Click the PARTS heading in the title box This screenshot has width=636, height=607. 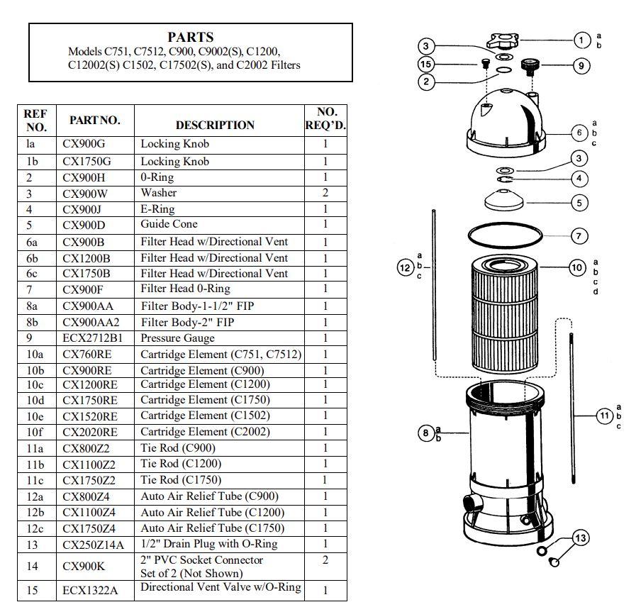190,37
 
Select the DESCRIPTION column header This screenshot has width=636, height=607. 215,125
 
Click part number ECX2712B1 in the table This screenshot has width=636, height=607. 93,338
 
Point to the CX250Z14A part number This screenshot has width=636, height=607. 93,544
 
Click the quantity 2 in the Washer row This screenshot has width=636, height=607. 325,193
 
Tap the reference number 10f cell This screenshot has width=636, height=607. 35,432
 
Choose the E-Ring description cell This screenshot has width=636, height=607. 157,209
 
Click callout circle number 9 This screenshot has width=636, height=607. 581,66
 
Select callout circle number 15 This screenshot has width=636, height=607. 425,65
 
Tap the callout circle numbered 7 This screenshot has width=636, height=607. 579,235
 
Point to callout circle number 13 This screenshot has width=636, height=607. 581,538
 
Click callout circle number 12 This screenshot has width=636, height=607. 406,267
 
